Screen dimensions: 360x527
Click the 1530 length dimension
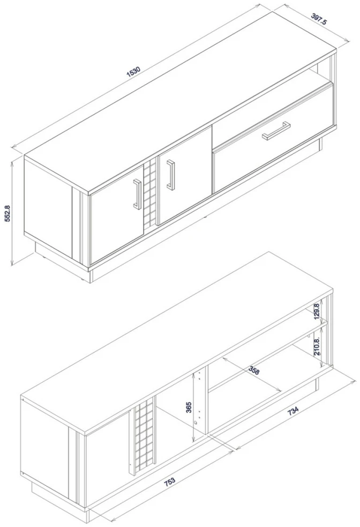[x=133, y=72]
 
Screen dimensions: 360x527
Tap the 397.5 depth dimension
[x=319, y=19]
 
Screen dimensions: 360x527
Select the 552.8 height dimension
[x=7, y=214]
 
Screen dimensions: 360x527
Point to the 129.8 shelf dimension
[x=316, y=312]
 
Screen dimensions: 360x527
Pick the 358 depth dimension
[x=254, y=370]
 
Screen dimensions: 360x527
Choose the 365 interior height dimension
[x=189, y=407]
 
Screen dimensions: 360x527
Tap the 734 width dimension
[x=292, y=410]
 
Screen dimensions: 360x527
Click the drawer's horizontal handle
[x=276, y=131]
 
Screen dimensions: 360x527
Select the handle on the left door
[x=137, y=194]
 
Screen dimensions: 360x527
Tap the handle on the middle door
[x=171, y=175]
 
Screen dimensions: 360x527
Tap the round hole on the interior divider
[x=196, y=423]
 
